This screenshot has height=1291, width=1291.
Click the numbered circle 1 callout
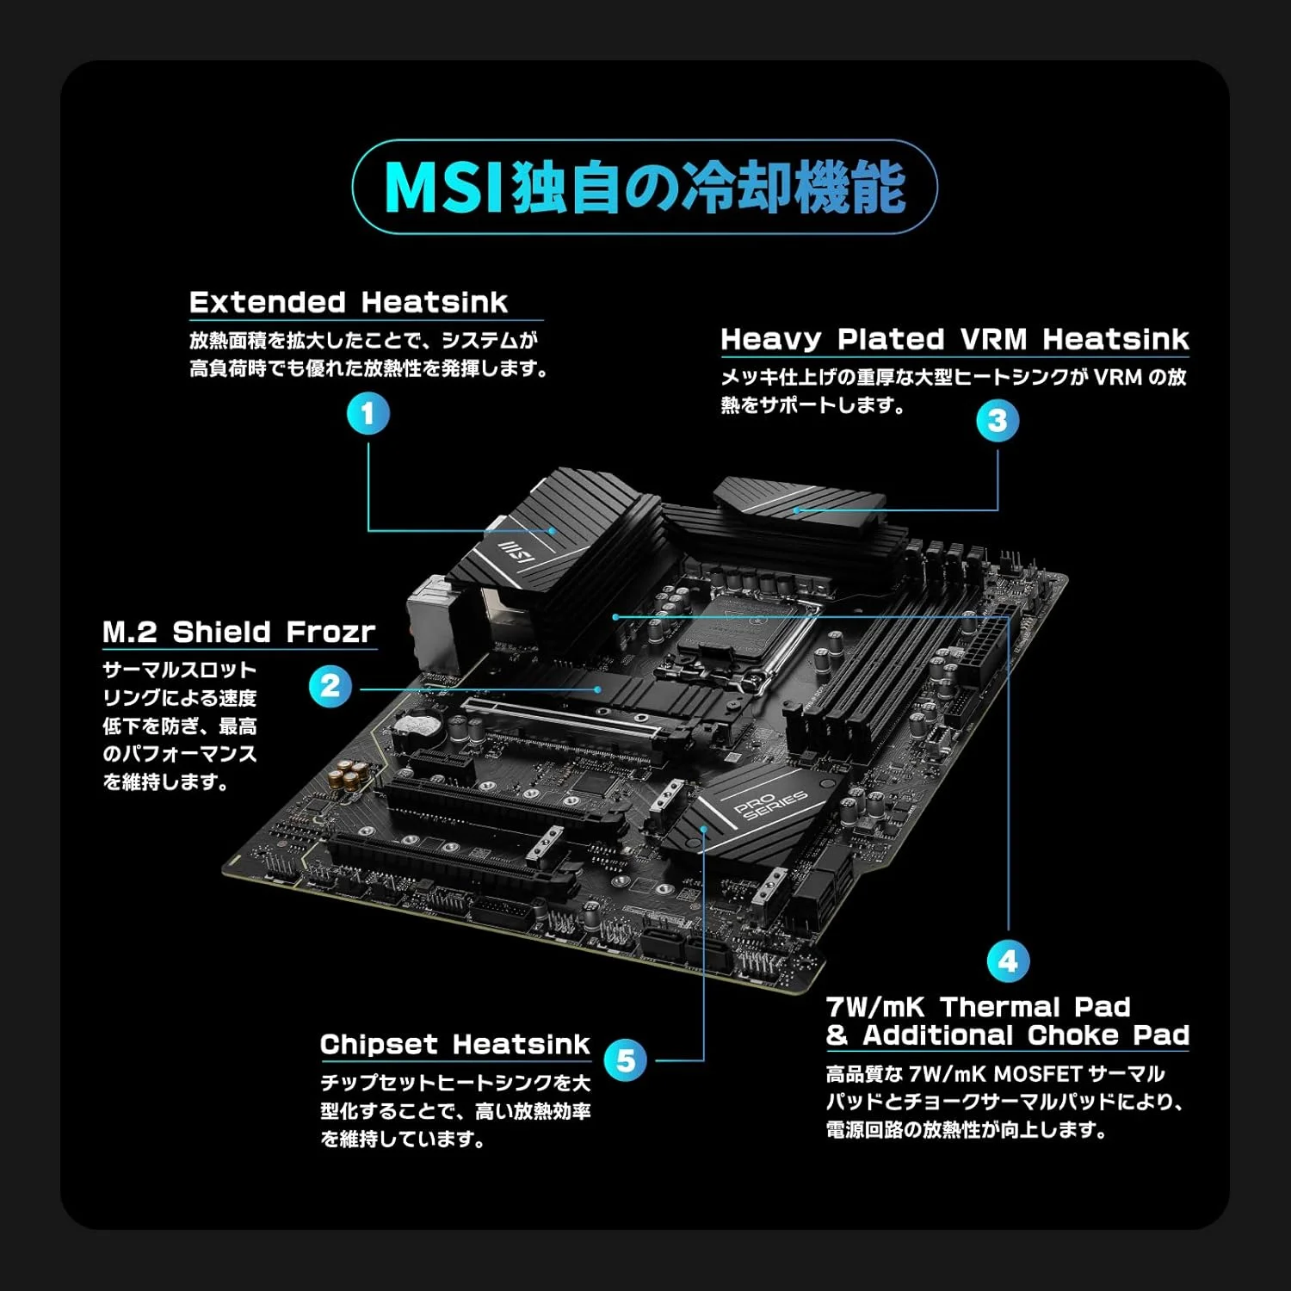coord(368,413)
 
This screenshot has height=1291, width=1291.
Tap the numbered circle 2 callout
coord(330,687)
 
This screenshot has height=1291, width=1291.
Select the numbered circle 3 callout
coord(998,421)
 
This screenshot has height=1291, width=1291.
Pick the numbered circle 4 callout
coord(1008,961)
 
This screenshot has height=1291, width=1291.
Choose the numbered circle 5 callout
coord(626,1059)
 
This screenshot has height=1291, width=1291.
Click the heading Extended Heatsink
coord(349,302)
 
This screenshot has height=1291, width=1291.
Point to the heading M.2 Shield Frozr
coord(239,632)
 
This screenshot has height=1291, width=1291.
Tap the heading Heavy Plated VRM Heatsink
coord(954,339)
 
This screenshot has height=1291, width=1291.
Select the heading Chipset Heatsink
coord(455,1044)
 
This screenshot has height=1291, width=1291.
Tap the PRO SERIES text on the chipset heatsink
coord(770,805)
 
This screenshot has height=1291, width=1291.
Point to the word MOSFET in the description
coord(1037,1074)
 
